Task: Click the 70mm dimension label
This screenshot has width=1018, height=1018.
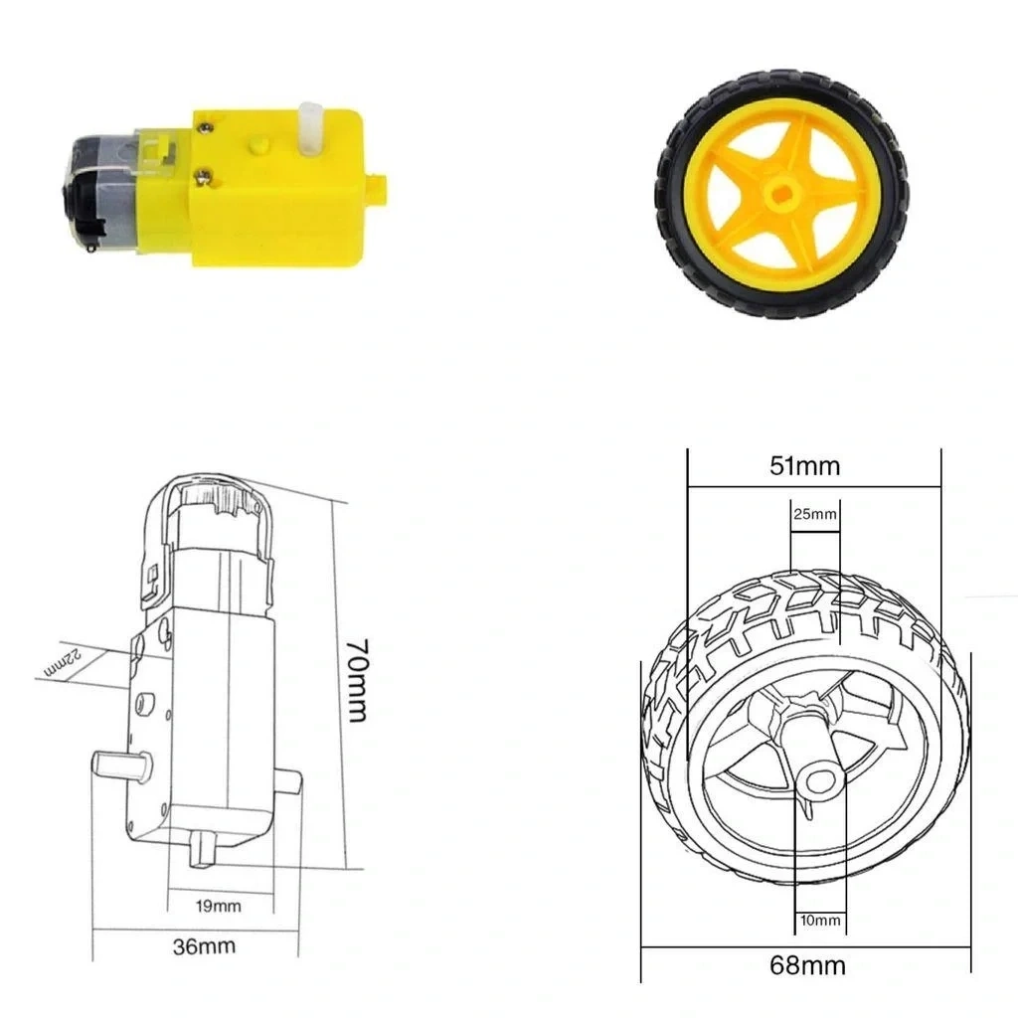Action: [358, 680]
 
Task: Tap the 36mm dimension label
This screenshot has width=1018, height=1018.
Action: [204, 946]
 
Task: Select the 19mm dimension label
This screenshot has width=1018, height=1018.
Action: [219, 906]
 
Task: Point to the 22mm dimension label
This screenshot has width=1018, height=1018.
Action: [63, 663]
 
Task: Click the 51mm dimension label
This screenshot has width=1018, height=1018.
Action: [805, 466]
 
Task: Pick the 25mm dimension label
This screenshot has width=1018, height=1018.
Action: [815, 514]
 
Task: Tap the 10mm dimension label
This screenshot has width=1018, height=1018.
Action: [820, 920]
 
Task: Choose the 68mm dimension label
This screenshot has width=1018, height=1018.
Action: [807, 966]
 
